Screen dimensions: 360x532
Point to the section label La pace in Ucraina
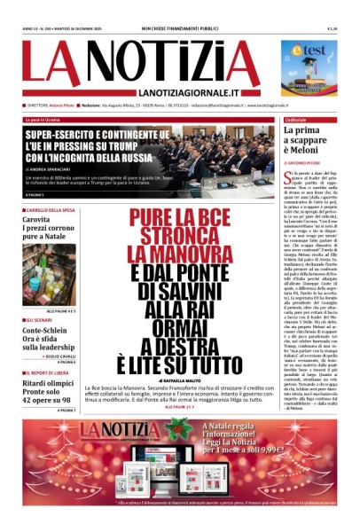(x=45, y=119)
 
